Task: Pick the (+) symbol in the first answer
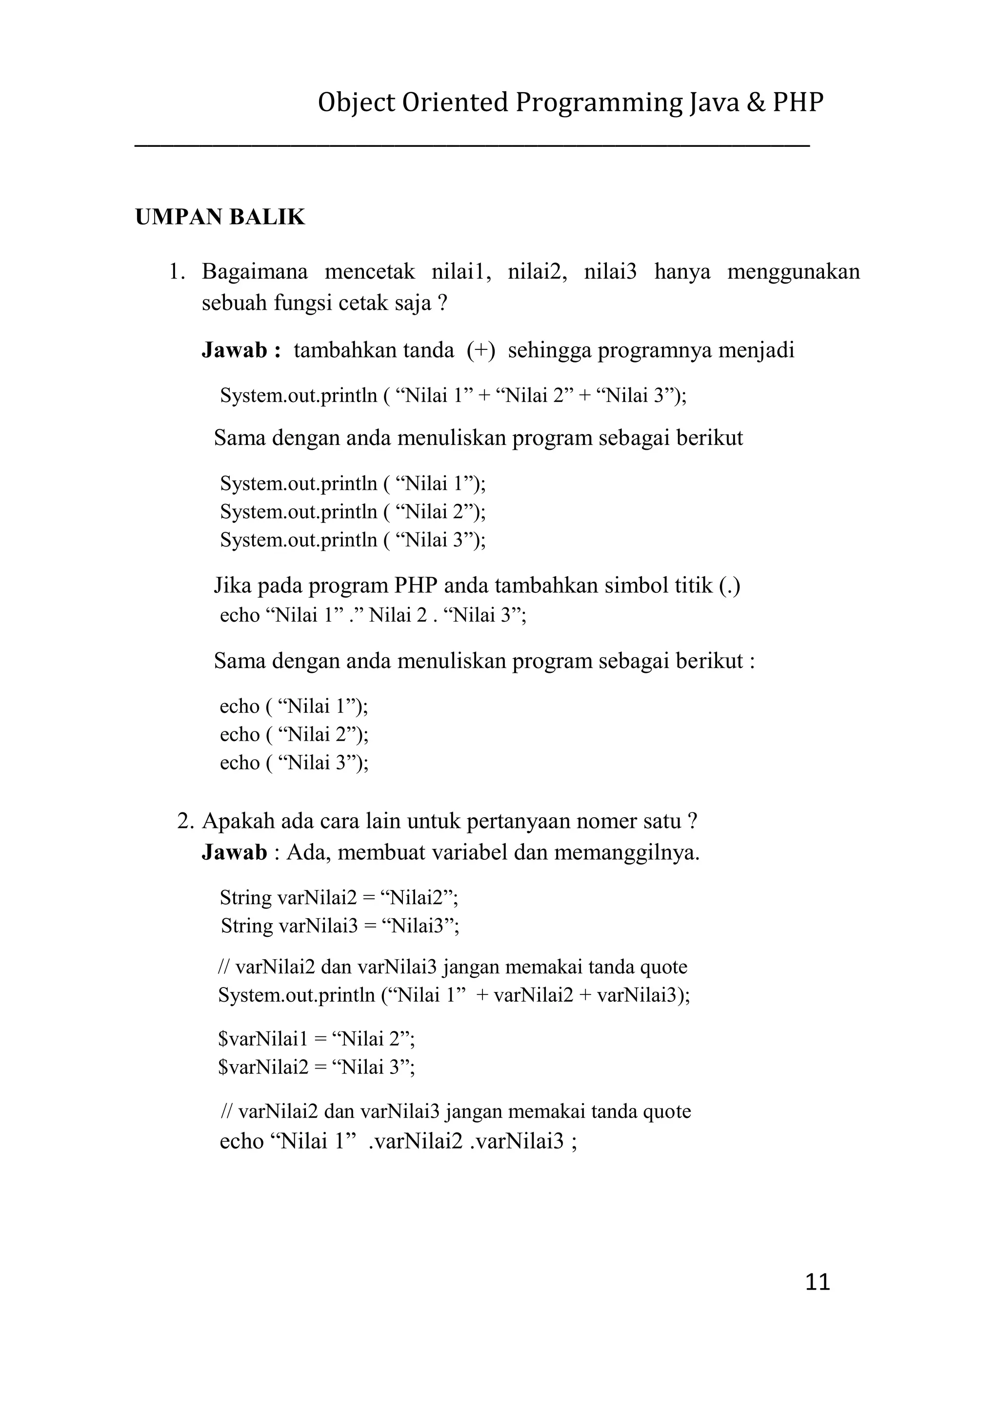(480, 350)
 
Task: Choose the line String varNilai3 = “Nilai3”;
(340, 926)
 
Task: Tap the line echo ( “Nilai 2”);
(294, 734)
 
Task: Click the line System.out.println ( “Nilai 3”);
(353, 540)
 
